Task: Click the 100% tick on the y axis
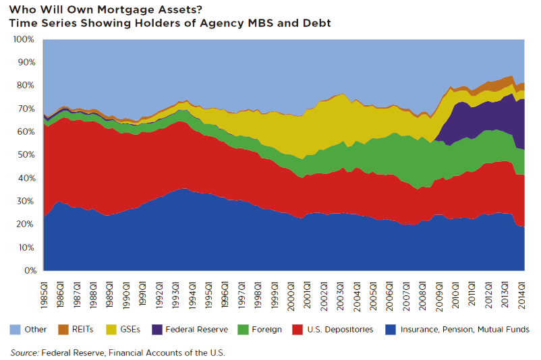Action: click(23, 39)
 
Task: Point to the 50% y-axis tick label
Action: click(25, 155)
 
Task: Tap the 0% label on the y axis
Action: click(29, 271)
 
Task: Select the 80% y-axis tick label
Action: click(25, 86)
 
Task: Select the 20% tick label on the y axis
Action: click(25, 224)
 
